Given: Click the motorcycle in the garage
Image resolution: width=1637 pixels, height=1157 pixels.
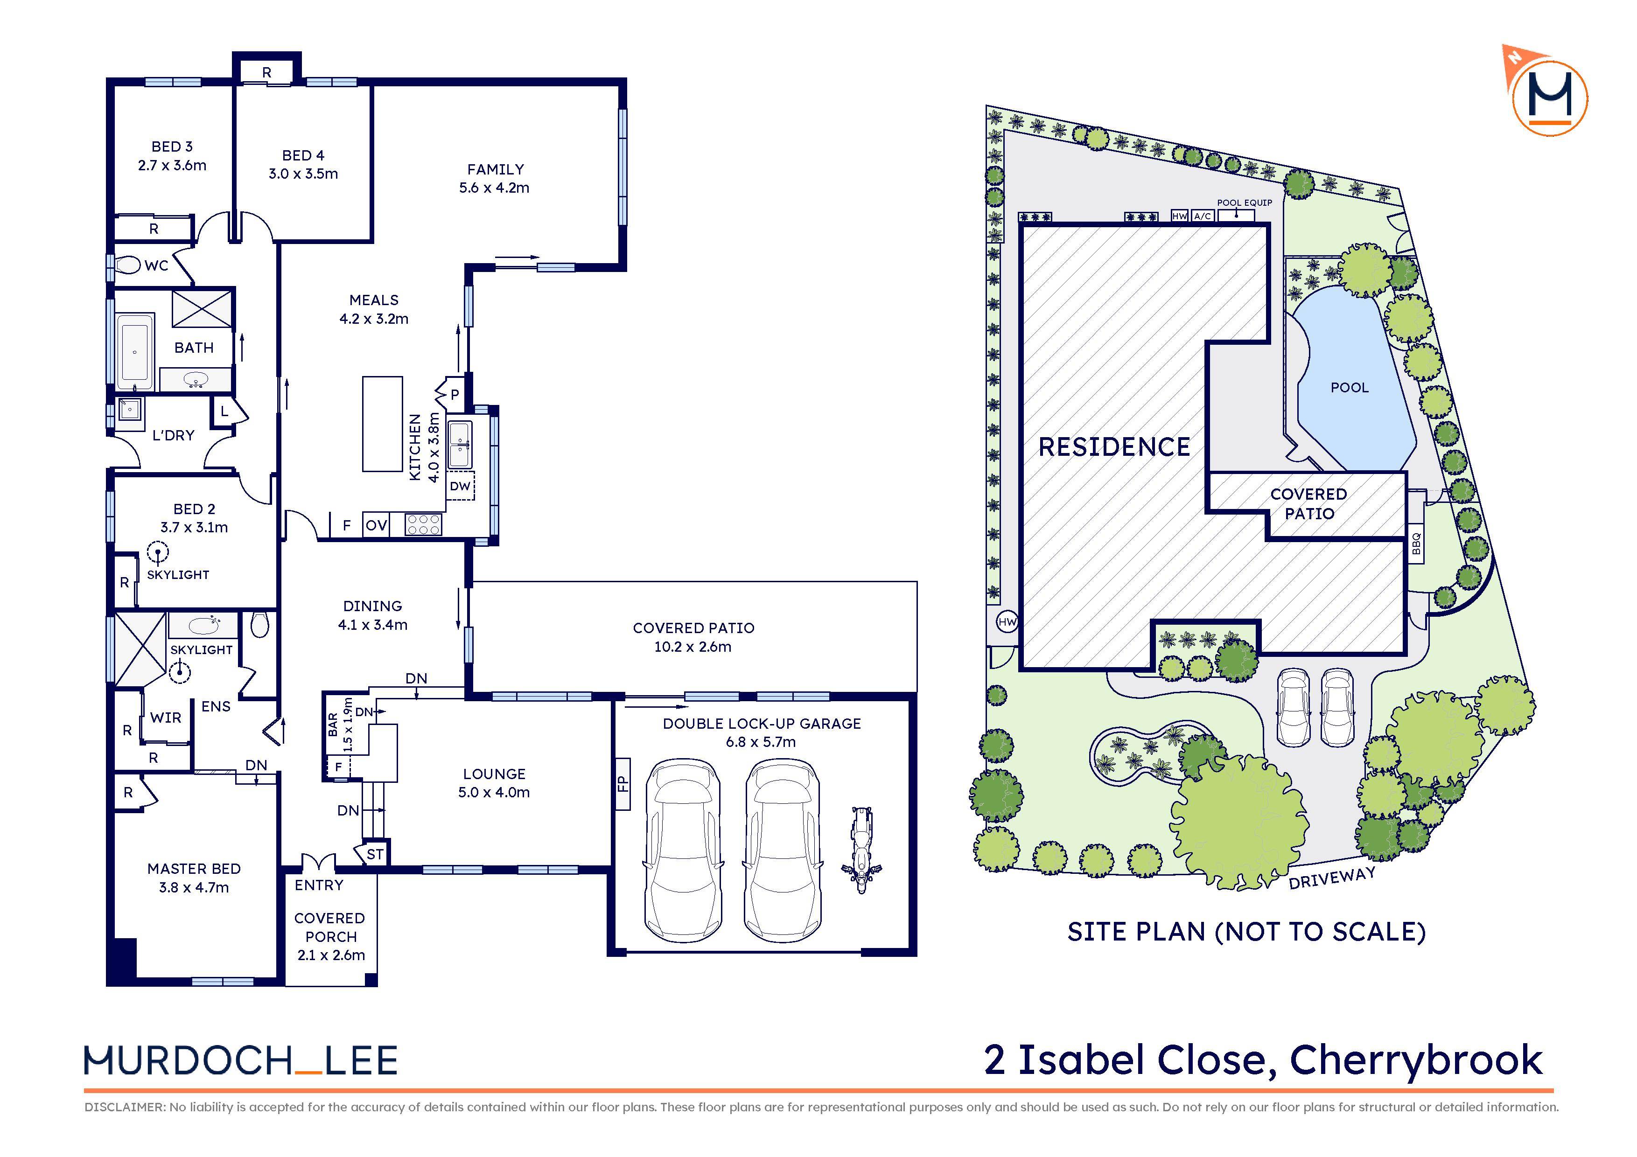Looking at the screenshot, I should pos(861,849).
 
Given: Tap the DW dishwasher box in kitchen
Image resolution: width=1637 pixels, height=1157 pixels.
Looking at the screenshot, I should pos(460,486).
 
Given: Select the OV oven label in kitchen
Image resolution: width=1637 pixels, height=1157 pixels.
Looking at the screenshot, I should pos(376,525).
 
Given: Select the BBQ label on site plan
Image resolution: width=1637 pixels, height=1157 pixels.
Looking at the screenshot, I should pos(1416,544).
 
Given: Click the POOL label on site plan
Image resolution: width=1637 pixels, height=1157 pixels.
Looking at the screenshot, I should pos(1349,388).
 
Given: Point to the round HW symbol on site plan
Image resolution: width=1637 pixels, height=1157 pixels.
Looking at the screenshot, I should pos(1007,622).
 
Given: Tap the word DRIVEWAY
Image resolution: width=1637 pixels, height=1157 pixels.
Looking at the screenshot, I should pos(1331,878).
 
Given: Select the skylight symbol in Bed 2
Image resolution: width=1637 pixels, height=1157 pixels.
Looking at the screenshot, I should pos(158,552).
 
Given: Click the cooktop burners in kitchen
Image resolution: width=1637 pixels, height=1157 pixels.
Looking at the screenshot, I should pos(424,525).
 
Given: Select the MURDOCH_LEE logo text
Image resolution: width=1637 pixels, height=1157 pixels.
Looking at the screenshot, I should pos(240,1061).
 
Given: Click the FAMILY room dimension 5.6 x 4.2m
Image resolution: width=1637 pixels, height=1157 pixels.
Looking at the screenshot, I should pos(494,188).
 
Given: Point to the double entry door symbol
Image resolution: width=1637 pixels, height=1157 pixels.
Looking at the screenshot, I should pos(318,863).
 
